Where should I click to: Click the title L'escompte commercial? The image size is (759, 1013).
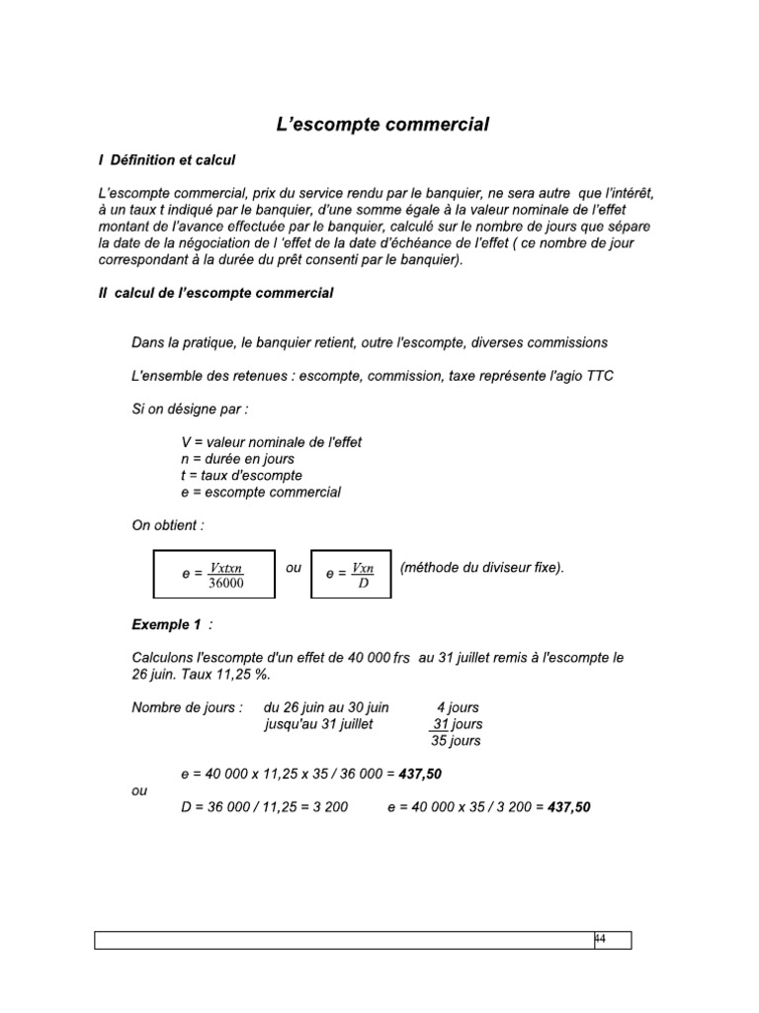(x=381, y=125)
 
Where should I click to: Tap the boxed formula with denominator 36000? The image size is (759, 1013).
(x=213, y=574)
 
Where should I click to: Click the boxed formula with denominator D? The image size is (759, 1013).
(x=351, y=574)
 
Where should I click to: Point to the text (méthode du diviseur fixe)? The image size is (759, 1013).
(x=482, y=568)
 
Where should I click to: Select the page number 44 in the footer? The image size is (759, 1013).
(x=600, y=938)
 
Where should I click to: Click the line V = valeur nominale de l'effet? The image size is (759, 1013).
(x=273, y=441)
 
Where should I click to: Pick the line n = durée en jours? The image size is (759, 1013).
(x=238, y=458)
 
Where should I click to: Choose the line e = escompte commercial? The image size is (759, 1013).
(x=262, y=492)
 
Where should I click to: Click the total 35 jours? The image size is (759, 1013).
(x=456, y=741)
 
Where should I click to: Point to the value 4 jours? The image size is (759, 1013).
(x=459, y=707)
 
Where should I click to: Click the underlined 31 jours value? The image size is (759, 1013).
(x=456, y=724)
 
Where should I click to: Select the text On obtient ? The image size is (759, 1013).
(x=167, y=525)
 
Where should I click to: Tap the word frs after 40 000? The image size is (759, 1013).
(x=400, y=659)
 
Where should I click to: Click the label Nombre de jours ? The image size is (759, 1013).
(x=187, y=707)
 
